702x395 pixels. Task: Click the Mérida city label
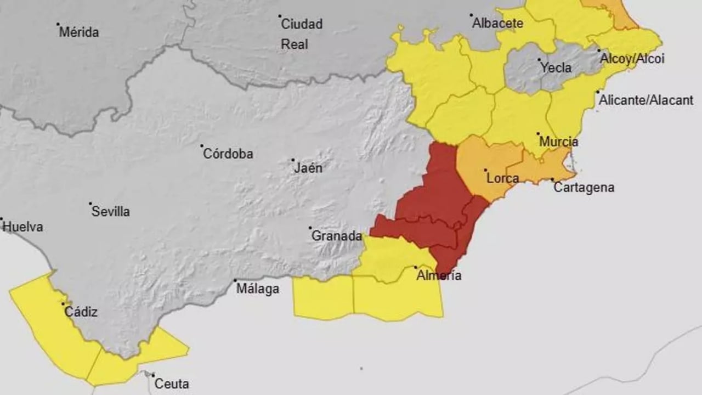coord(80,32)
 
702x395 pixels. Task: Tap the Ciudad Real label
coord(301,34)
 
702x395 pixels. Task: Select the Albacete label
coord(497,24)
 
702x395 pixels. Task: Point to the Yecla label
coord(556,68)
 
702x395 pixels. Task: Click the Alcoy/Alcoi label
coord(632,59)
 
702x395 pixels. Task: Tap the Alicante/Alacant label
coord(646,100)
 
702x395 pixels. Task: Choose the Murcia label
coord(558,142)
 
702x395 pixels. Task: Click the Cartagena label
coord(584,188)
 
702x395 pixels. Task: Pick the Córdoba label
coord(228,154)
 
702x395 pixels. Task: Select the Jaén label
coord(308,168)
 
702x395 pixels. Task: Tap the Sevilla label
coord(111,212)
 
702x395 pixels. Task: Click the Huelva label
coord(23,227)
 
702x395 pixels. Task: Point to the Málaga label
coord(258,289)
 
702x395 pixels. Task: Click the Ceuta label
coord(172,384)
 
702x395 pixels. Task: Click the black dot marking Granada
coord(310,228)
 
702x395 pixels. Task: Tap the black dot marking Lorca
coord(486,171)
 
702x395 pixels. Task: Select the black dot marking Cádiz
coord(64,304)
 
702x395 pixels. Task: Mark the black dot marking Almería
coord(415,268)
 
